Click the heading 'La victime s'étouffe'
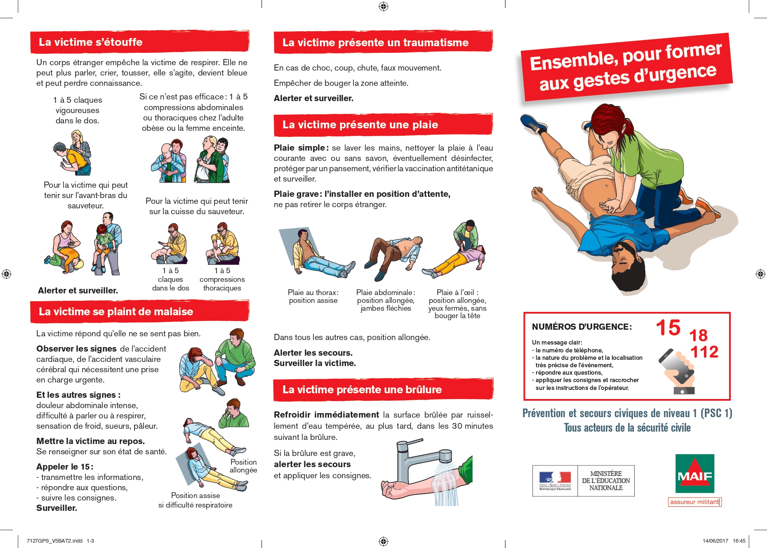pyautogui.click(x=91, y=42)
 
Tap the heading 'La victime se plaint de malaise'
pyautogui.click(x=116, y=312)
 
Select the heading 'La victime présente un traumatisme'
pyautogui.click(x=375, y=43)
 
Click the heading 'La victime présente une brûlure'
pyautogui.click(x=362, y=390)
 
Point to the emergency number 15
pyautogui.click(x=668, y=328)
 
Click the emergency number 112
pyautogui.click(x=704, y=352)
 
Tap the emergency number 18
pyautogui.click(x=699, y=335)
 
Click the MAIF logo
pyautogui.click(x=695, y=474)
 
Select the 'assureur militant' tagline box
pyautogui.click(x=695, y=502)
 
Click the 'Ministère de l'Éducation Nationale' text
pyautogui.click(x=606, y=481)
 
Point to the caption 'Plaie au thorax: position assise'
pyautogui.click(x=313, y=296)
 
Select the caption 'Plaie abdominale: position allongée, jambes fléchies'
pyautogui.click(x=386, y=300)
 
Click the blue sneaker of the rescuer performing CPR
pyautogui.click(x=534, y=124)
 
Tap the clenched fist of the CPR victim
pyautogui.click(x=537, y=192)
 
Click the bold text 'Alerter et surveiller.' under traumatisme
pyautogui.click(x=313, y=98)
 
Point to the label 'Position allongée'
pyautogui.click(x=243, y=466)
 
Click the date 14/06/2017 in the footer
pyautogui.click(x=715, y=541)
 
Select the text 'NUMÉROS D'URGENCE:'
pyautogui.click(x=582, y=327)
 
